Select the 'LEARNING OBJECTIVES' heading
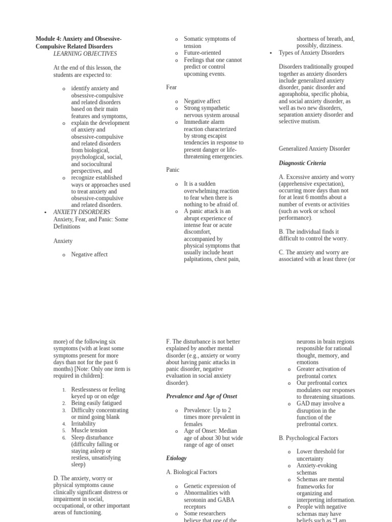(x=85, y=54)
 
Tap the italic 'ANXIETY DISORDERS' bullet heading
(x=82, y=212)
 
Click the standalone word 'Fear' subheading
(x=171, y=87)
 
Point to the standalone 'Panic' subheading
(x=173, y=170)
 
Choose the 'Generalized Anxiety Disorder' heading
(x=314, y=149)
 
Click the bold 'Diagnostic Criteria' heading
(x=302, y=163)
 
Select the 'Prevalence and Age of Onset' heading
(x=202, y=396)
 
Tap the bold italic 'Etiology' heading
(x=176, y=458)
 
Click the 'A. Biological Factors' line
(x=191, y=472)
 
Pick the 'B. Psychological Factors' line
(x=308, y=438)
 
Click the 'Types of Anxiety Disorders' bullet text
(x=311, y=53)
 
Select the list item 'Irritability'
(x=83, y=424)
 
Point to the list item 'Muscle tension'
(x=89, y=430)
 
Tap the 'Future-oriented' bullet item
(x=202, y=53)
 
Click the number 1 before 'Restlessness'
(x=64, y=390)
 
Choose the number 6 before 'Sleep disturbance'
(x=64, y=438)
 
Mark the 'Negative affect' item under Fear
(x=202, y=101)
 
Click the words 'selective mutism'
(x=299, y=121)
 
